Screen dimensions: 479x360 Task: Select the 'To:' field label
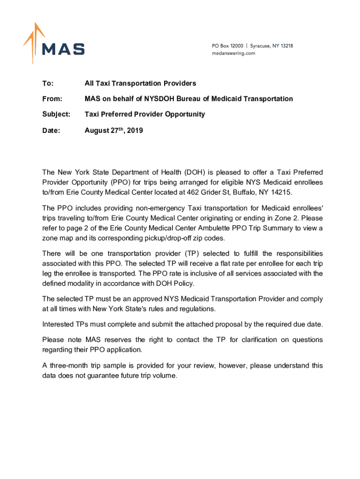[x=48, y=84]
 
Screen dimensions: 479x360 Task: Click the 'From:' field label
[x=52, y=99]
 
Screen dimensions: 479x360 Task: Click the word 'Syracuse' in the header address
[x=262, y=46]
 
